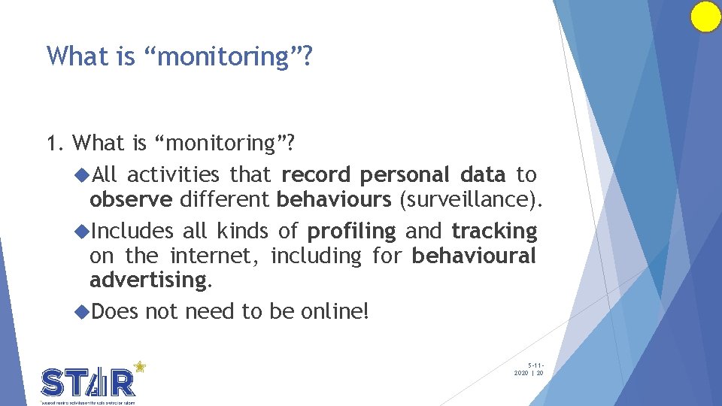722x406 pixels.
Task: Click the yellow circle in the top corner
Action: point(705,17)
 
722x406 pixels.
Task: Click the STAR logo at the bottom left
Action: point(89,383)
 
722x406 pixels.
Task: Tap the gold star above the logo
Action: point(139,366)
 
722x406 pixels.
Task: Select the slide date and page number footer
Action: point(529,368)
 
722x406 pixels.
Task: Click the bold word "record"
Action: point(316,175)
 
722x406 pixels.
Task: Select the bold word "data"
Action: point(482,175)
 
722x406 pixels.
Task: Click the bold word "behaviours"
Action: point(334,201)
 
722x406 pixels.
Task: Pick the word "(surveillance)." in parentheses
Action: point(471,201)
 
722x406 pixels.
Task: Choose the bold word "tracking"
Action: point(494,231)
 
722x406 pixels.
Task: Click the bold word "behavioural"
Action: point(474,256)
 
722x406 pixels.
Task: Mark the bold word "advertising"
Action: point(147,281)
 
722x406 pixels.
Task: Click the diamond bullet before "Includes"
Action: point(83,231)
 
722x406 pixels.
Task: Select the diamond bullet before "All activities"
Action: point(83,175)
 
